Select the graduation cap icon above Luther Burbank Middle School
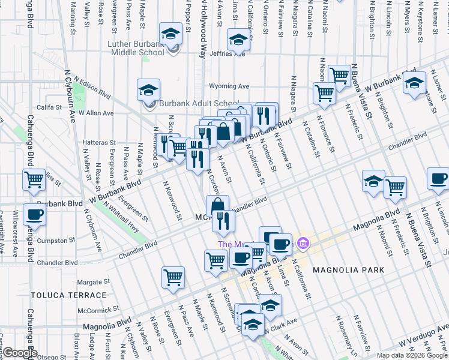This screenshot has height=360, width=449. coord(170,34)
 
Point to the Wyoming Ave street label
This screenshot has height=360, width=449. coord(229,86)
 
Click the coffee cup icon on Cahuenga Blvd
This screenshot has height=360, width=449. coord(34,215)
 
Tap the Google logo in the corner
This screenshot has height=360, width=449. coord(19,353)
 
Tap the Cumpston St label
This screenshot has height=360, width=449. coord(68,241)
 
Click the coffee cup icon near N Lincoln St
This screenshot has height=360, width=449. coord(438,179)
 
